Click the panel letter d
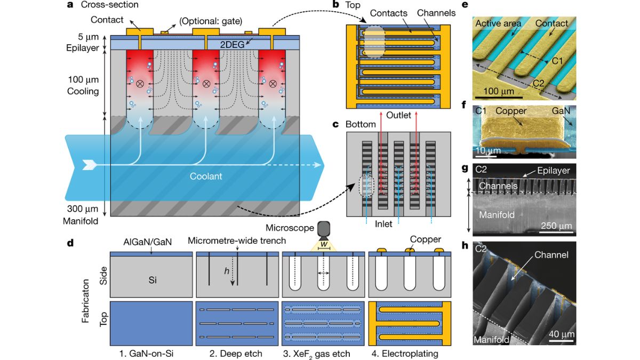(70, 243)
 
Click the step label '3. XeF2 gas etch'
(322, 353)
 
